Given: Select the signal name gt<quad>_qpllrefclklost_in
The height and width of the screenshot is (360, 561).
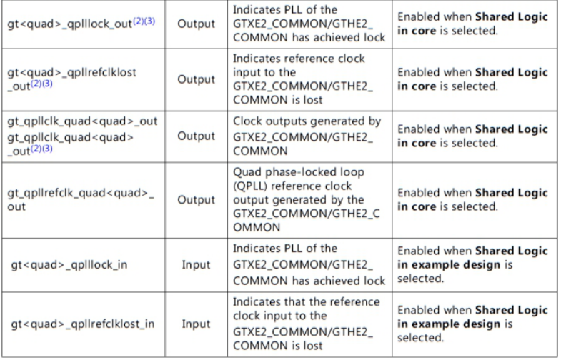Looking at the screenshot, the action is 82,324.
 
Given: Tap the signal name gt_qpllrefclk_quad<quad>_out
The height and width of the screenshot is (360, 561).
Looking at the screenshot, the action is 81,199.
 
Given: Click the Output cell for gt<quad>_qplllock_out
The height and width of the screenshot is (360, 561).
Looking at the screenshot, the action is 196,24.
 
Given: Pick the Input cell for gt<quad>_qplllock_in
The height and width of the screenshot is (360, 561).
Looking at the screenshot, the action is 196,264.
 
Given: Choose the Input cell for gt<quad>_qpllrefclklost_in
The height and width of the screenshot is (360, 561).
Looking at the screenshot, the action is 196,324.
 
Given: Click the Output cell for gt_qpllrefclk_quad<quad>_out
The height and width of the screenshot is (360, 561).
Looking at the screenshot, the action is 196,199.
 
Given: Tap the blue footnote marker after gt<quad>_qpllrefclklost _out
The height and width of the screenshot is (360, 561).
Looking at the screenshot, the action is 41,84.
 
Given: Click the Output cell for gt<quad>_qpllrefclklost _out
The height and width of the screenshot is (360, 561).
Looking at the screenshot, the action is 196,79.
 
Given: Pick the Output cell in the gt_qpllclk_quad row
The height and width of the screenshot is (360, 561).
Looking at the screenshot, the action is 196,136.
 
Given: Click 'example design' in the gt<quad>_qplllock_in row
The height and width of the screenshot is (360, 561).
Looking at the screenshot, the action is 460,264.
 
